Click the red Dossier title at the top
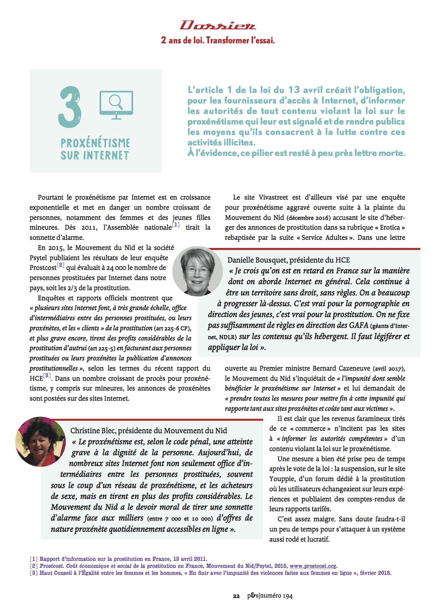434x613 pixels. click(x=218, y=26)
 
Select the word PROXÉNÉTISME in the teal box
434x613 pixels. click(x=95, y=143)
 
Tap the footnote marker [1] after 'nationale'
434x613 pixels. click(x=176, y=225)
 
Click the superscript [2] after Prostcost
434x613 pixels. click(x=61, y=265)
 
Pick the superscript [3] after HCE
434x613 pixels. click(x=47, y=376)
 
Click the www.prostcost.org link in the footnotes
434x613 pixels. click(x=313, y=566)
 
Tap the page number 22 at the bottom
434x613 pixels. click(x=236, y=596)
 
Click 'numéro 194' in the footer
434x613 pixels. click(x=276, y=596)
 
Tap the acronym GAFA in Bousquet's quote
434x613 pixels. click(x=358, y=325)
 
